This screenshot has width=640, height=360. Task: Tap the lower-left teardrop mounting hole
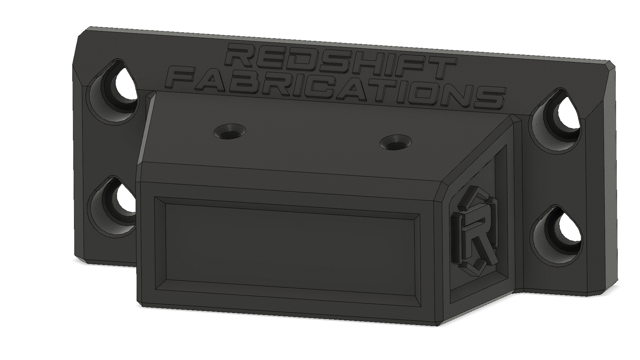[x=113, y=207]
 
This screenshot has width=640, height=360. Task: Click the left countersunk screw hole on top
[x=230, y=132]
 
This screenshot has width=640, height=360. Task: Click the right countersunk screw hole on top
[x=396, y=142]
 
